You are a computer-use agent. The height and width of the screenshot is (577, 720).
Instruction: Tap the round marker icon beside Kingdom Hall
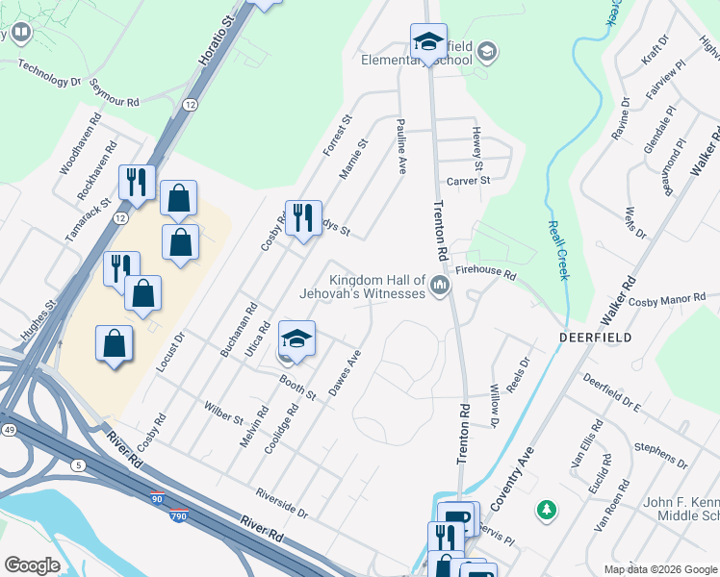pos(441,286)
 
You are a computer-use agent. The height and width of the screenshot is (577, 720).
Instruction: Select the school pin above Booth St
pos(296,339)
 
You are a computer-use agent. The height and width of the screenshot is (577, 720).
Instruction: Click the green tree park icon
pos(547,509)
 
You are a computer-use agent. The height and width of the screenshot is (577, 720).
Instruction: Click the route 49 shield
pos(9,428)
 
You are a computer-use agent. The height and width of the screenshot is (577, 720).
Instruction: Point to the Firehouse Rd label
pos(486,274)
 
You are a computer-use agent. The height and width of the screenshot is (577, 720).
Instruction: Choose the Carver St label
pos(468,180)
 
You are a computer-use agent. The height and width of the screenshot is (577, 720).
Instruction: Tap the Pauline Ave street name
pos(400,146)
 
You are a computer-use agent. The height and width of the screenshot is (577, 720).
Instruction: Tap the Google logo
pos(31,565)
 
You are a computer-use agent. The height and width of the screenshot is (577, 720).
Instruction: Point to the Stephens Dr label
pos(661,456)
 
